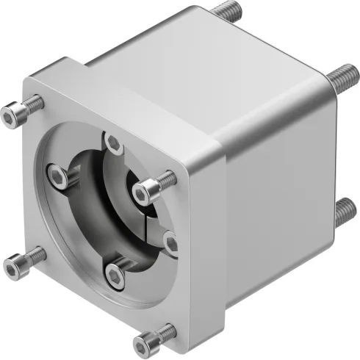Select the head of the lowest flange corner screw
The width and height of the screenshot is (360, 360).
tap(146, 342)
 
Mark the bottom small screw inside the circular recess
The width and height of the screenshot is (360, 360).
tap(115, 274)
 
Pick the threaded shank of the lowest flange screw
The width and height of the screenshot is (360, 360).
tap(165, 333)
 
